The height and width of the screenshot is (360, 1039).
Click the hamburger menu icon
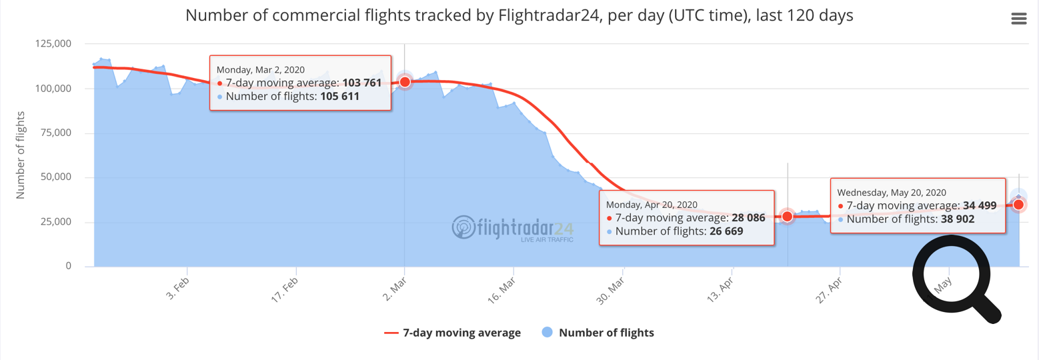1018,19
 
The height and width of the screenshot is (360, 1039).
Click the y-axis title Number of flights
20,157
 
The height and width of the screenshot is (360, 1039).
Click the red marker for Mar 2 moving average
404,81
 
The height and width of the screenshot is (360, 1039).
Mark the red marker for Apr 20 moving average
787,216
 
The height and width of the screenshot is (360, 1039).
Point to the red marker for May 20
1018,205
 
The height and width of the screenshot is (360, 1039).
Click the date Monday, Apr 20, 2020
652,204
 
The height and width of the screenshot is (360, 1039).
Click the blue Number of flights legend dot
547,333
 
